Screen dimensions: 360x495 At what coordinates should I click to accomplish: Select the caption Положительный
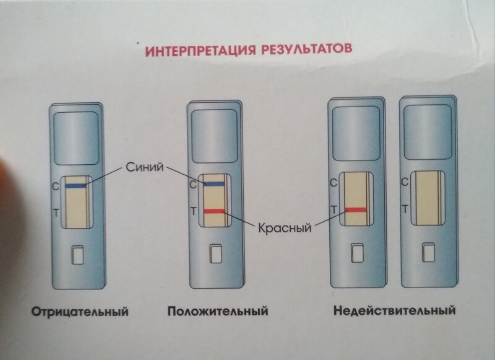pos(218,310)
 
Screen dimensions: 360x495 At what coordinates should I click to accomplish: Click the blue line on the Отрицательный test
pos(75,185)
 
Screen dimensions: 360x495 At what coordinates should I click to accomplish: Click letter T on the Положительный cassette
pos(194,211)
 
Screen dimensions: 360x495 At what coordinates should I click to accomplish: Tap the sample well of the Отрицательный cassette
pos(77,255)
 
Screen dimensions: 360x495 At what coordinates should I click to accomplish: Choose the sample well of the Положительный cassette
pos(215,254)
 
